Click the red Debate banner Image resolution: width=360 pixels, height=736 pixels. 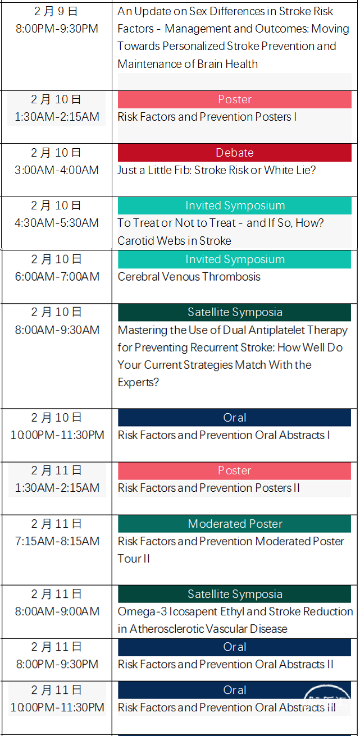[234, 153]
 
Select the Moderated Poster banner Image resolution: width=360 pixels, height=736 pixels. [234, 524]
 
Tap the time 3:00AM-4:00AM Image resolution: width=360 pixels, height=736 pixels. [57, 170]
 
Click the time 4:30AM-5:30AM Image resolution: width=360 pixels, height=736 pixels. [57, 223]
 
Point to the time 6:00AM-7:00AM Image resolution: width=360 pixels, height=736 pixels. [57, 277]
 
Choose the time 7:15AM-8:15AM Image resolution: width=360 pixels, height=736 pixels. [57, 542]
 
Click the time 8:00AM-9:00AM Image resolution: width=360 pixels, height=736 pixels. [57, 611]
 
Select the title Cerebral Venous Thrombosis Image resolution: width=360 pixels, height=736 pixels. [189, 277]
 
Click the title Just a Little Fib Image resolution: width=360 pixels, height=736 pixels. [154, 170]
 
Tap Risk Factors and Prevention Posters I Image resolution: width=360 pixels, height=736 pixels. [207, 117]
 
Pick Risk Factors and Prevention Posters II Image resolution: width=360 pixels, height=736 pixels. [209, 488]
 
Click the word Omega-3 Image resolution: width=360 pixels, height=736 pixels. [142, 612]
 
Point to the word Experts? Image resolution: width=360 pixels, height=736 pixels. [138, 383]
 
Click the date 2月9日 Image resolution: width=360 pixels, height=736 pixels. [56, 11]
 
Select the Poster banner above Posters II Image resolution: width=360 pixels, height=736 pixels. [234, 471]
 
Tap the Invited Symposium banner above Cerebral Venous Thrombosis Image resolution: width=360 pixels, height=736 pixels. [234, 259]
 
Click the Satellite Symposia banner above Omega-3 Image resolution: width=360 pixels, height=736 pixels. [234, 594]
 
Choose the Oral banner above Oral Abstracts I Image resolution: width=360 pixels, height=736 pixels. [234, 418]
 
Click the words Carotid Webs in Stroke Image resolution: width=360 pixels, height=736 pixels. [174, 241]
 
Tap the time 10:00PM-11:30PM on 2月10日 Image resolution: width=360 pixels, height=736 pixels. [57, 435]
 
